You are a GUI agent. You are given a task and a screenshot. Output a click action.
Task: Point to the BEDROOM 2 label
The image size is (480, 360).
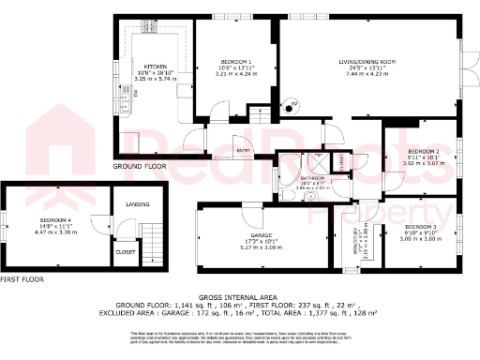click(423, 151)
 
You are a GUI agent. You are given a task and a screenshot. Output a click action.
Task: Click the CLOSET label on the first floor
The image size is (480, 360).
click(125, 251)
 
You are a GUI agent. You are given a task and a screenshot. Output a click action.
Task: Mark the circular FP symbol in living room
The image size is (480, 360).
click(290, 103)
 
